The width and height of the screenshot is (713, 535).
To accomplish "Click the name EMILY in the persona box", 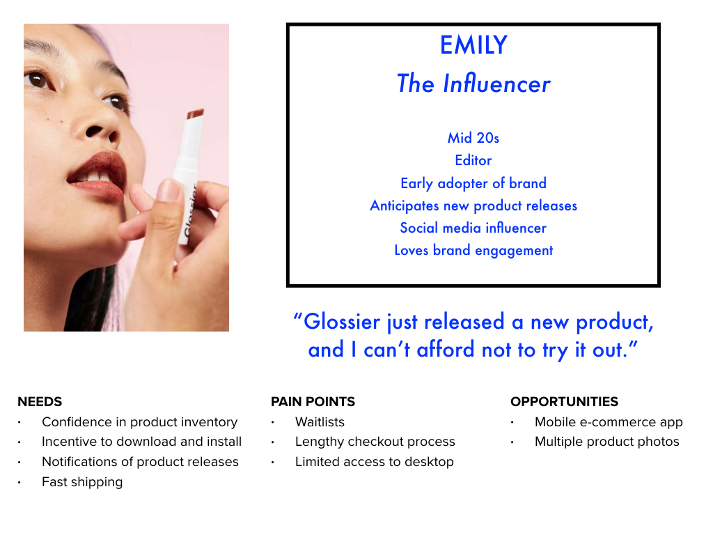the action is (473, 45).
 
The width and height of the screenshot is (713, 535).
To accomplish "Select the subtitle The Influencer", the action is (473, 84).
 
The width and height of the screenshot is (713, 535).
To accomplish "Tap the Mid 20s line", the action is (473, 137).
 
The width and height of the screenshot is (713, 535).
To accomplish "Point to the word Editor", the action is (473, 160).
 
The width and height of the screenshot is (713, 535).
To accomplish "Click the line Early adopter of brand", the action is (473, 183).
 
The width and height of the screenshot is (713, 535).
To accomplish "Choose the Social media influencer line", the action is (473, 228).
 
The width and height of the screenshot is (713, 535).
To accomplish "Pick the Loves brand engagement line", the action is (473, 250).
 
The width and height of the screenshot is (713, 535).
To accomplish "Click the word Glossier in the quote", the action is (342, 322).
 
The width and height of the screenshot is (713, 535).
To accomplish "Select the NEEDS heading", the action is (40, 402).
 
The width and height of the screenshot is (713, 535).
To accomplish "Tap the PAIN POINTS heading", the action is (313, 402).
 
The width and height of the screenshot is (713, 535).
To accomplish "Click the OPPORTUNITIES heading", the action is (564, 402).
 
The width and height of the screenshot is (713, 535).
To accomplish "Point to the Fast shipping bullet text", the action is (82, 482).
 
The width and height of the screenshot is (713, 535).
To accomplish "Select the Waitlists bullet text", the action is (320, 422).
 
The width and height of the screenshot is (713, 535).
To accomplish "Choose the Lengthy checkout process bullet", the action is (375, 442).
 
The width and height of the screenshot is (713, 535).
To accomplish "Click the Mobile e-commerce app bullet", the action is (609, 422).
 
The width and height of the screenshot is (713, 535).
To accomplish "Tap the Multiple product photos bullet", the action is (607, 442).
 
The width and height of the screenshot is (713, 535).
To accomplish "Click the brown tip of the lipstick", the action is (196, 114).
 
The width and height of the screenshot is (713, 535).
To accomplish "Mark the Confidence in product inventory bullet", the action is (139, 422).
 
